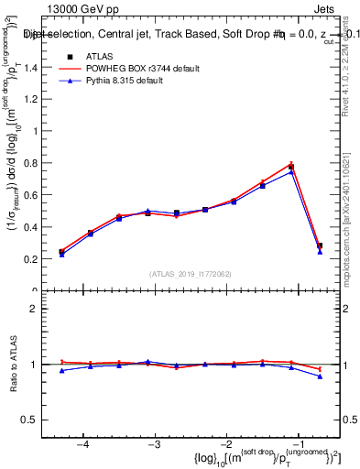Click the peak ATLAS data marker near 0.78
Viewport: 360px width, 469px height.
[x=291, y=167]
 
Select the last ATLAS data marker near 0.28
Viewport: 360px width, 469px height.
[x=320, y=245]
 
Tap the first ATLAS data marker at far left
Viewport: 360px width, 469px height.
[x=61, y=252]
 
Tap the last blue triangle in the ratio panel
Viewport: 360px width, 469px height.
[x=320, y=376]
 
